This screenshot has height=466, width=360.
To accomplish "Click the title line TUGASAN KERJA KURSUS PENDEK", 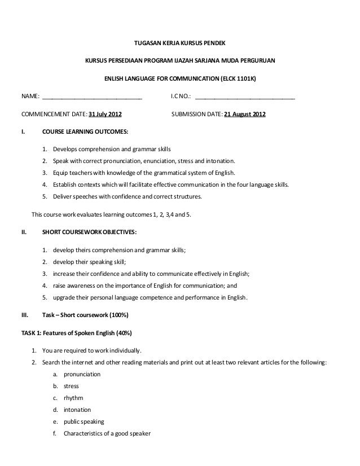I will point(180,43).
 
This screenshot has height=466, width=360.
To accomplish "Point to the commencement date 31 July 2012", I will point(105,115).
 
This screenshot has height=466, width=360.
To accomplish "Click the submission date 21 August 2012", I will point(245,115).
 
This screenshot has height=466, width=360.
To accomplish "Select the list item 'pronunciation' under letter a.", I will point(82,374).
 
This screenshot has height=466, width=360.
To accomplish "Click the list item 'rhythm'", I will point(73,398).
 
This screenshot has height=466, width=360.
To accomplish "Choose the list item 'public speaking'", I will point(84,421).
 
